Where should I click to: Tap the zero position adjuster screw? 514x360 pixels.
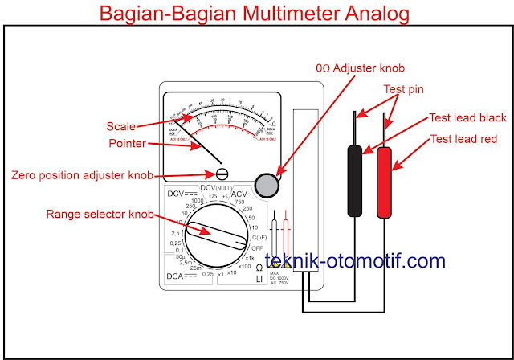(222, 174)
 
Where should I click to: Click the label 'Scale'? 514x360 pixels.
(121, 126)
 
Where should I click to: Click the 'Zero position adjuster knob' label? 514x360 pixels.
(83, 174)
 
